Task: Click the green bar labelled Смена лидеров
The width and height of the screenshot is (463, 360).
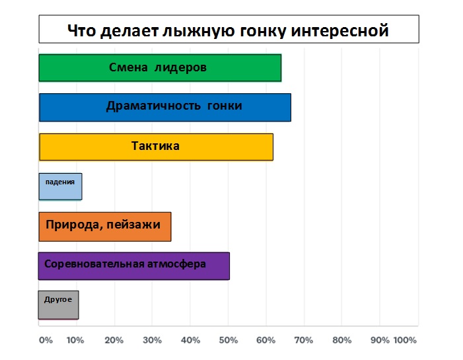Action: [160, 68]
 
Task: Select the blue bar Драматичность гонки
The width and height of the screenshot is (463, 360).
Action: [165, 108]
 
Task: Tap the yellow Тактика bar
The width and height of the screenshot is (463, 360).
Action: [156, 147]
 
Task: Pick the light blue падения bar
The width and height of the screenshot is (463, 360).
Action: [61, 187]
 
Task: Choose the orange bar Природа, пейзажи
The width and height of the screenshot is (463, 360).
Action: [105, 227]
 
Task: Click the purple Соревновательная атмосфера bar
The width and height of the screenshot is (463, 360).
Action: [134, 266]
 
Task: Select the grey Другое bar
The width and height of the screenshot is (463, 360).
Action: [59, 305]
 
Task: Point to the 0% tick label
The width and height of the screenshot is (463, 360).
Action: [46, 340]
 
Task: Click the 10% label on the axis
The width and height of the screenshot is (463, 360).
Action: [75, 340]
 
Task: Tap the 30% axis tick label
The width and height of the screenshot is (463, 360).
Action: [152, 340]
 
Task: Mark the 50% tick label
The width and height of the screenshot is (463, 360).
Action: [229, 340]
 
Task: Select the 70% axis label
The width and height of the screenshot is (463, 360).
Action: [304, 340]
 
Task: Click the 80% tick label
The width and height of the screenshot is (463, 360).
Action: [341, 340]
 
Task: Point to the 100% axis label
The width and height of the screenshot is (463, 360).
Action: [405, 340]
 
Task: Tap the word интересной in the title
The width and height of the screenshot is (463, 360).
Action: [339, 30]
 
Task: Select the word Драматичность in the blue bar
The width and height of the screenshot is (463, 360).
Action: [153, 106]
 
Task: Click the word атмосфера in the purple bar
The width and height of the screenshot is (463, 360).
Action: [176, 264]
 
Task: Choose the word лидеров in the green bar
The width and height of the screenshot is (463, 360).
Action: [181, 68]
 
